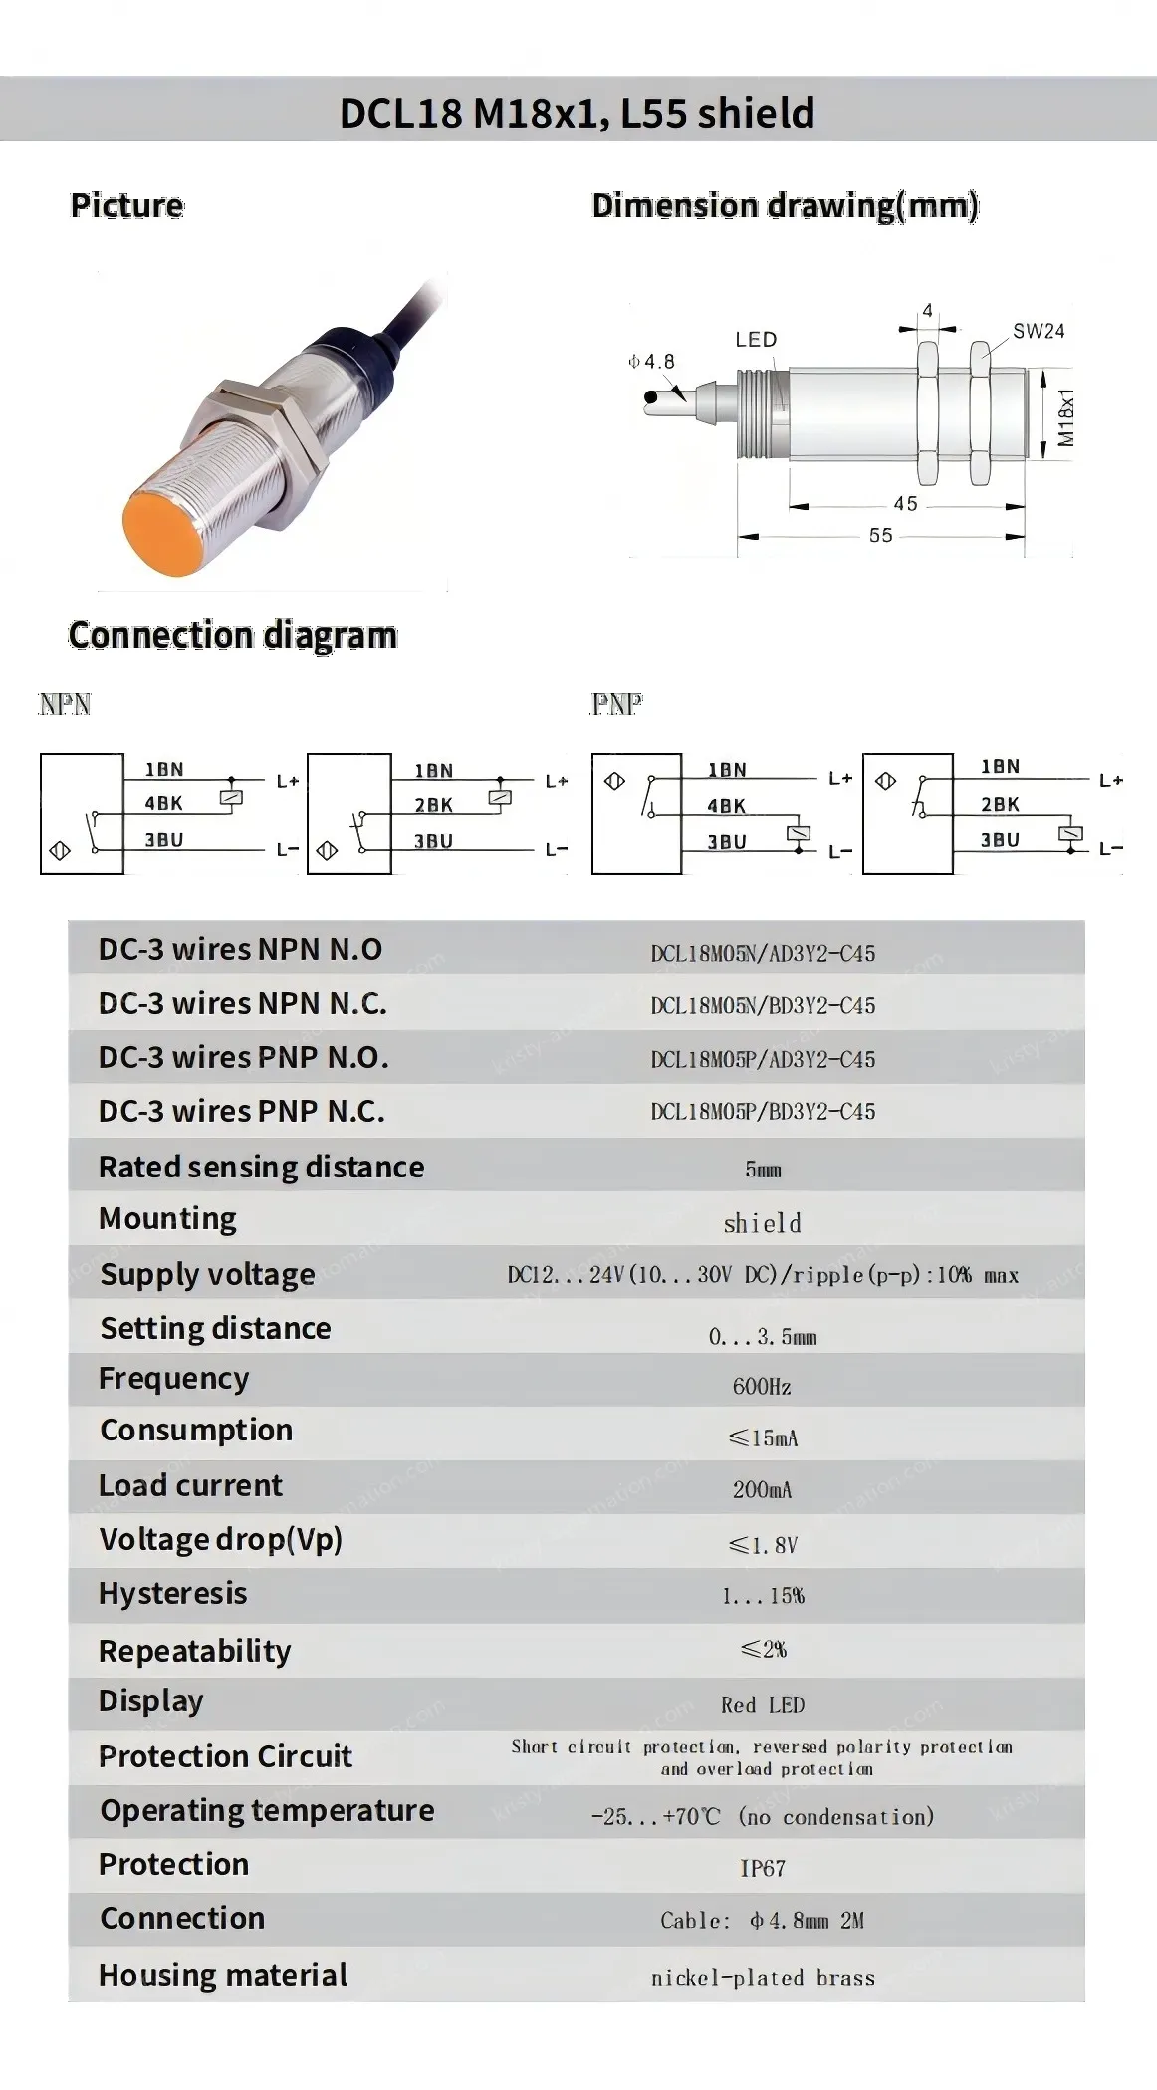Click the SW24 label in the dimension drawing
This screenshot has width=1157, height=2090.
pyautogui.click(x=1039, y=332)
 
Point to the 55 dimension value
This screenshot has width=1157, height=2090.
pyautogui.click(x=880, y=536)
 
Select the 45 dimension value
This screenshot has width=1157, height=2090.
pyautogui.click(x=905, y=504)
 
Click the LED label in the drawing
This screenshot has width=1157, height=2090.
pyautogui.click(x=756, y=340)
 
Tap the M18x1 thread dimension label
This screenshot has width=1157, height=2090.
pyautogui.click(x=1066, y=417)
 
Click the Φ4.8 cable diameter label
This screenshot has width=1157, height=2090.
pyautogui.click(x=651, y=362)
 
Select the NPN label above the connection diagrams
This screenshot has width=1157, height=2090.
pyautogui.click(x=65, y=705)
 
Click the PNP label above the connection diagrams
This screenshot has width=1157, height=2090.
pyautogui.click(x=617, y=705)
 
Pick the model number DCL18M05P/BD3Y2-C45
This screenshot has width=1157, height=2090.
pyautogui.click(x=763, y=1112)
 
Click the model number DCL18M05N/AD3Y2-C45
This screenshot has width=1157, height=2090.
pyautogui.click(x=763, y=954)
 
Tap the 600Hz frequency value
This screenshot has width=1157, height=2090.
pyautogui.click(x=762, y=1387)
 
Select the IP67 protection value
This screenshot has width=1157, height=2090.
pyautogui.click(x=763, y=1869)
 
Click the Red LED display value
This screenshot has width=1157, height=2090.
pyautogui.click(x=763, y=1705)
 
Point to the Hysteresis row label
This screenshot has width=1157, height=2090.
pyautogui.click(x=172, y=1594)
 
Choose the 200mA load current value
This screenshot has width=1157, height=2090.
pyautogui.click(x=763, y=1490)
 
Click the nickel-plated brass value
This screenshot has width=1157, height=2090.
pyautogui.click(x=763, y=1978)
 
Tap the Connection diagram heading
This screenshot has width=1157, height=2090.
pyautogui.click(x=232, y=636)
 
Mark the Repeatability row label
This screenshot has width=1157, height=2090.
pyautogui.click(x=194, y=1652)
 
